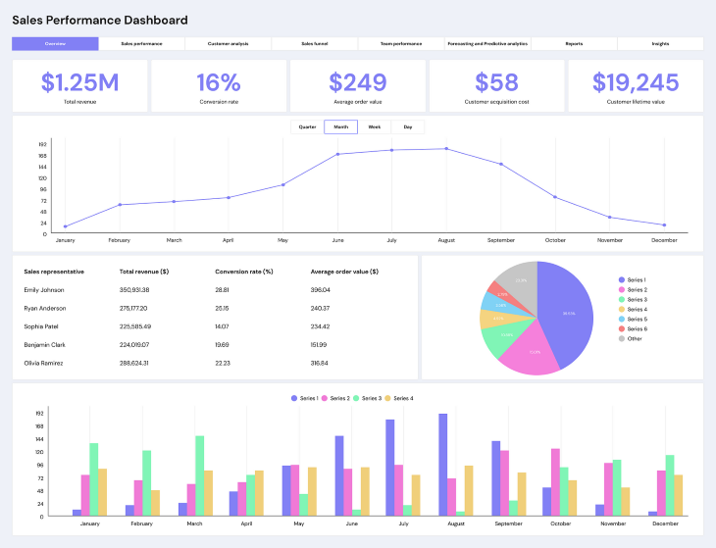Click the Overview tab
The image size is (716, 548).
pos(55,44)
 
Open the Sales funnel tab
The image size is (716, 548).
pos(315,44)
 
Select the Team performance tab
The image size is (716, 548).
pos(401,44)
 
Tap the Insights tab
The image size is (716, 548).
pos(660,44)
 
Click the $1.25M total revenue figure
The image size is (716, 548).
pos(80,82)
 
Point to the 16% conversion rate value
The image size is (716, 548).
pos(219,82)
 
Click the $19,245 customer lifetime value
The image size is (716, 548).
pos(636,82)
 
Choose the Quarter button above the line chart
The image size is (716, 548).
pos(307,127)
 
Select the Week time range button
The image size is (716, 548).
pos(375,127)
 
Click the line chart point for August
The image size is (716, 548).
pos(446,149)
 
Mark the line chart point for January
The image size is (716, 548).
pos(66,226)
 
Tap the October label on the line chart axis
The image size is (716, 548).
pos(555,240)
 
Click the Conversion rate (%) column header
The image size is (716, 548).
pos(243,272)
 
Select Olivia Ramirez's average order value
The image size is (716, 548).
pos(320,363)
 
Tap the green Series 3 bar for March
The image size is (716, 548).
pos(200,475)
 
